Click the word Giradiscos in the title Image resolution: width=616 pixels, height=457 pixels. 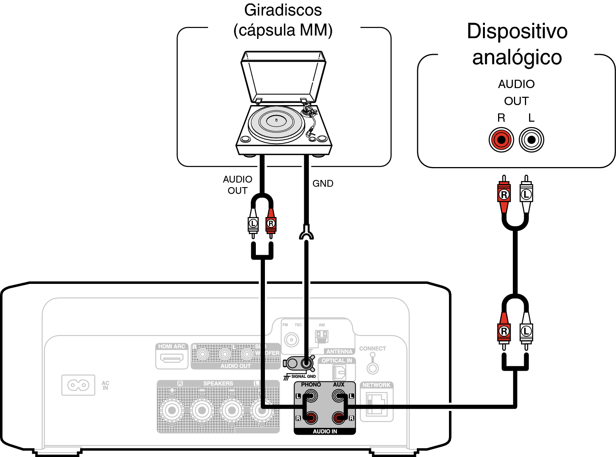pos(283,10)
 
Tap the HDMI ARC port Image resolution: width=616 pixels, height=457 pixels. pos(172,358)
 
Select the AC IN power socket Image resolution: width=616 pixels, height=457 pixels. pos(78,385)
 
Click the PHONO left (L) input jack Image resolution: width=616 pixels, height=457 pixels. pos(311,396)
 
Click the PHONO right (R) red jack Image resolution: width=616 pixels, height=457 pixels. pos(311,418)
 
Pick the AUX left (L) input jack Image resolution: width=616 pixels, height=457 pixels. pos(339,396)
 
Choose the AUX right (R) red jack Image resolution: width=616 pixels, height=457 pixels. pos(339,418)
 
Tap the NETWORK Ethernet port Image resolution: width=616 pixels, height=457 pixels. pos(377,404)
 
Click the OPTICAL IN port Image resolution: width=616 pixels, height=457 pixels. pos(339,373)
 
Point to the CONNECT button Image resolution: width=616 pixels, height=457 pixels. pos(373,368)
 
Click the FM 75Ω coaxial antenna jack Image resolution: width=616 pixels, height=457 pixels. pos(291,339)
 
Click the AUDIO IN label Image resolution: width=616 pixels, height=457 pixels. pos(325,431)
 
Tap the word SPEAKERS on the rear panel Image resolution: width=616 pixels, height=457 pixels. pos(218,383)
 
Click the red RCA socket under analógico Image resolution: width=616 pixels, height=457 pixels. pos(501,140)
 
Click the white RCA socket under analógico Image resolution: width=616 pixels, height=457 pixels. pos(531,140)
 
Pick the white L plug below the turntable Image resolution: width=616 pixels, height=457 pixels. pos(253,223)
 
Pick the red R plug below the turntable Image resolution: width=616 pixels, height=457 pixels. pos(271,223)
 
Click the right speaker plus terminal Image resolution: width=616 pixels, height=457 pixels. pos(172,411)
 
